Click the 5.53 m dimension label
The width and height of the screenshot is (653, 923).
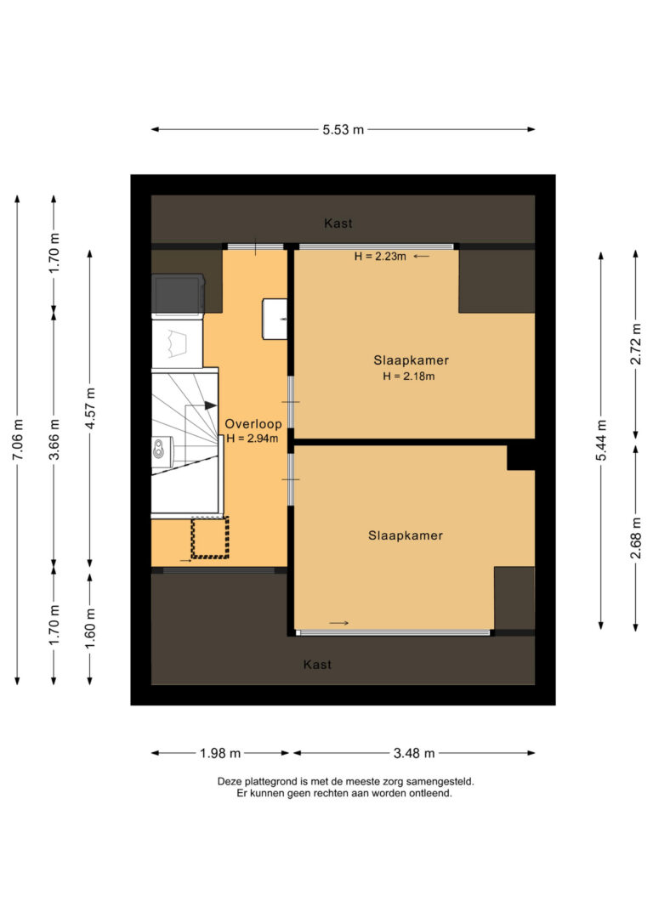[x=343, y=130]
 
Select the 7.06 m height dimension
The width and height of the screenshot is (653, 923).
[x=17, y=439]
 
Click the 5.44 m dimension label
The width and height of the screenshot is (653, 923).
[x=601, y=441]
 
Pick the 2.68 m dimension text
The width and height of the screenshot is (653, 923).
[x=635, y=537]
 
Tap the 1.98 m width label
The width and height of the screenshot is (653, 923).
[x=221, y=753]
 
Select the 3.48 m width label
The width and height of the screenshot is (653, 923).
[x=414, y=753]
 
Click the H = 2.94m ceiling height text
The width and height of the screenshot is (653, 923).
[x=253, y=439]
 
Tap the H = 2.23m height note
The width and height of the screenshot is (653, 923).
[x=380, y=256]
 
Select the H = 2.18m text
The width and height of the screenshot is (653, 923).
[x=410, y=376]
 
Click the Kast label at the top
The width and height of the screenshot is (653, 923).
[x=338, y=224]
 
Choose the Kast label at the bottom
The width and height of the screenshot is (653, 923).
[x=317, y=664]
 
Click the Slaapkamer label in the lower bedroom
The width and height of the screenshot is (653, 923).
[x=406, y=535]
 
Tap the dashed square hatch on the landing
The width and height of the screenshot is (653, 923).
[x=210, y=537]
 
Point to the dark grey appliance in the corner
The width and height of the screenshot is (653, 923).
[x=178, y=294]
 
